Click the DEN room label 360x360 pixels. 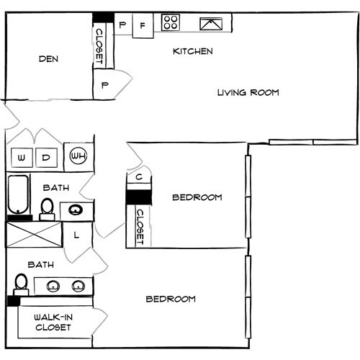point(49,60)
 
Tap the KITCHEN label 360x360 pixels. point(192,52)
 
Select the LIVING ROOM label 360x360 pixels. point(248,93)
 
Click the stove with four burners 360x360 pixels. point(171,23)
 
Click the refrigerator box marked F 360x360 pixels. point(143,25)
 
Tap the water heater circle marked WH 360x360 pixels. point(77,155)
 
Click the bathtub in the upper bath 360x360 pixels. point(18,194)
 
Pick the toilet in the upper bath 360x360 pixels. point(47,207)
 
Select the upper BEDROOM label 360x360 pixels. point(197,197)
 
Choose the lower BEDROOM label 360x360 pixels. point(171,299)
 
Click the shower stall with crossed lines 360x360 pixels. point(35,234)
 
